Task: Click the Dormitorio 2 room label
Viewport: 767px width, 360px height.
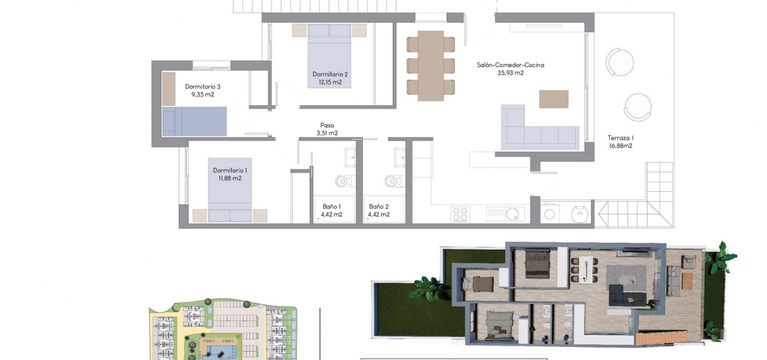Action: [x=330, y=74]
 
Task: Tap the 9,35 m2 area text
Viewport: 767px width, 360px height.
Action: [x=203, y=95]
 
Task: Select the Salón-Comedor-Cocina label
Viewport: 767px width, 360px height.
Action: [x=510, y=65]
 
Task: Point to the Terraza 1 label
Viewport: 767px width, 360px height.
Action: [x=620, y=138]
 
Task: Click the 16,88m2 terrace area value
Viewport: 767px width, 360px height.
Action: [x=620, y=146]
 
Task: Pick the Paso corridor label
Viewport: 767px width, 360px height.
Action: [x=327, y=126]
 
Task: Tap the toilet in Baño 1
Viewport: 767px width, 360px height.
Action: [x=345, y=181]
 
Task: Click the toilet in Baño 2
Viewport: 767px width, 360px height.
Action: [x=394, y=180]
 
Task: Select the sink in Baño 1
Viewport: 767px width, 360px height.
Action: [x=350, y=157]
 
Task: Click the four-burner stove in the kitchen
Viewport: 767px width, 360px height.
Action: [x=460, y=214]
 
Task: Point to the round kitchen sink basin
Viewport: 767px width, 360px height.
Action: [x=512, y=214]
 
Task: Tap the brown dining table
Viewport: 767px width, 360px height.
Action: [x=430, y=66]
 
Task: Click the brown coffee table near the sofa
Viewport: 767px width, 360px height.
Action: [x=553, y=99]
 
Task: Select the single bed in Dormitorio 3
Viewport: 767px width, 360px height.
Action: [x=194, y=121]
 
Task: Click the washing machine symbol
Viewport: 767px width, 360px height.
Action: [x=550, y=214]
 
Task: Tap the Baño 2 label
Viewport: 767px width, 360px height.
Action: [x=379, y=207]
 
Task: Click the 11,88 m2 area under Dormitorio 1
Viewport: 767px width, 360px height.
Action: [x=230, y=178]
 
